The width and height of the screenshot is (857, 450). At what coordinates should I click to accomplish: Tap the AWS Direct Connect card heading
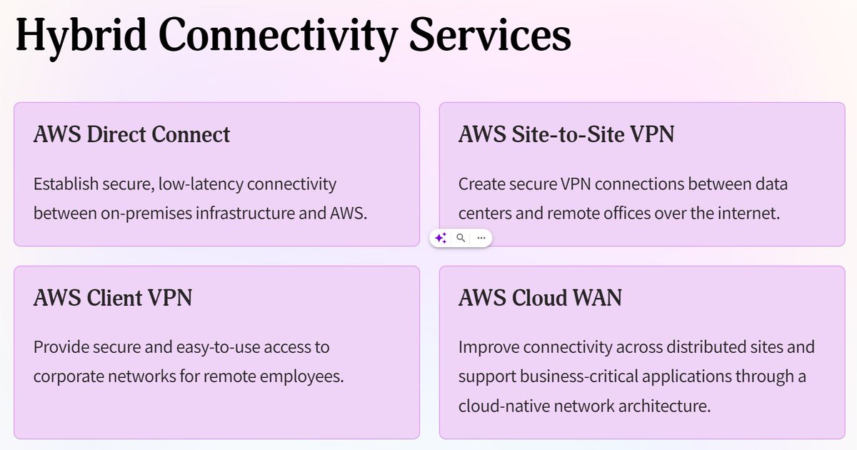[x=132, y=134]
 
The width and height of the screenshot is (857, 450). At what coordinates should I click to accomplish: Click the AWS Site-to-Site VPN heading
[x=566, y=134]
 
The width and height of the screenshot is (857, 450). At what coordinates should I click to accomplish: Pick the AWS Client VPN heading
[x=113, y=298]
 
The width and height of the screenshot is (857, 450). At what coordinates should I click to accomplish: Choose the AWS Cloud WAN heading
[x=540, y=298]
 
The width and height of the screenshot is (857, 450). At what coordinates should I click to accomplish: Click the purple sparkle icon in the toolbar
[x=441, y=239]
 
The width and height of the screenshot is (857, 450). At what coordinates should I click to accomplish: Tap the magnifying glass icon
[x=461, y=238]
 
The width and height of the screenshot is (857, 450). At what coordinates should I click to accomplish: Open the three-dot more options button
[x=481, y=238]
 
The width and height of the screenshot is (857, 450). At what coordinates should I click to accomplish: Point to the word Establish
[x=66, y=184]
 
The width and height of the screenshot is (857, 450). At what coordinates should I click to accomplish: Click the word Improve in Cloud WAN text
[x=488, y=348]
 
